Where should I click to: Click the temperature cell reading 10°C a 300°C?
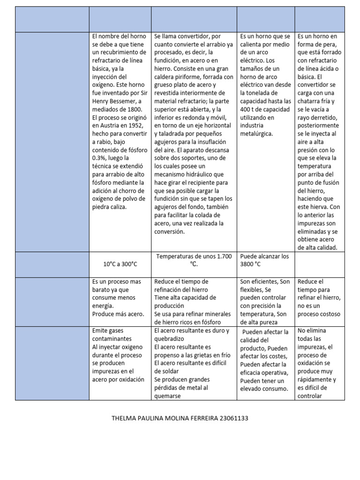pos(120,264)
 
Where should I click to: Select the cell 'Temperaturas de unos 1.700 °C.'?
pos(194,260)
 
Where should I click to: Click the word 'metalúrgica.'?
pos(257,134)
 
